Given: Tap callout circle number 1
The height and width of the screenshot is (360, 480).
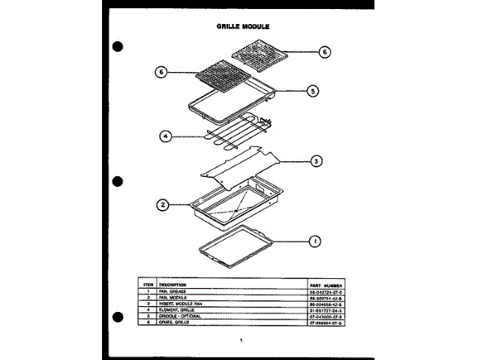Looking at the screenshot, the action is (315, 241).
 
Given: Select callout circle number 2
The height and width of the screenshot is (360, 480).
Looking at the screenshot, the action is (161, 205).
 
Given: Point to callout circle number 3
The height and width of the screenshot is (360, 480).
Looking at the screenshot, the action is (316, 160).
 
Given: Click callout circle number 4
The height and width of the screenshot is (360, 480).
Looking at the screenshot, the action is (166, 136).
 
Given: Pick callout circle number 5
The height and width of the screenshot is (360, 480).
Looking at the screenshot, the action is (312, 91).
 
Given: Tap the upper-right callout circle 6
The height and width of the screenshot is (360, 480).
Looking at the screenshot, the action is (323, 52).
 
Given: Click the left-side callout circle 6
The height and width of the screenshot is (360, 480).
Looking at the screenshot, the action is (160, 72).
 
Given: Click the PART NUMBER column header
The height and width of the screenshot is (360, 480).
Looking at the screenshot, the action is (325, 286).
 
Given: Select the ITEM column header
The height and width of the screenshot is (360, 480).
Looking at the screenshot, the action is (148, 286).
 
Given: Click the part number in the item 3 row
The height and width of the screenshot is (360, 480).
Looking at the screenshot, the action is (325, 304).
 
